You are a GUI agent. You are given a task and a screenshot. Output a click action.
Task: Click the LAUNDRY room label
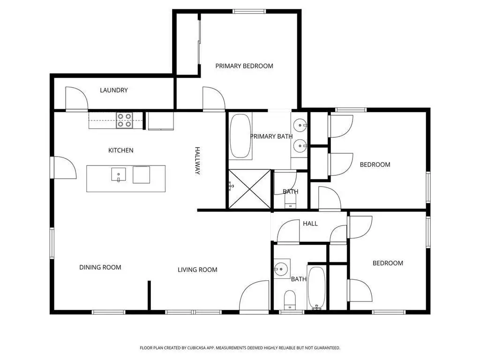point(114,90)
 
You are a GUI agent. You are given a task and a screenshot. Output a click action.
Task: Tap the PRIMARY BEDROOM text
point(244,66)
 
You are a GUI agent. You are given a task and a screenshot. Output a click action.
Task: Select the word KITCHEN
point(121,150)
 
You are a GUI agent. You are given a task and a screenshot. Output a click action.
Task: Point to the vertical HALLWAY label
point(197,161)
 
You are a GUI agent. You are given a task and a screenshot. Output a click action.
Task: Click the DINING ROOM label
point(100,267)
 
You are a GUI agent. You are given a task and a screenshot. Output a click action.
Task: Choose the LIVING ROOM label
point(197,270)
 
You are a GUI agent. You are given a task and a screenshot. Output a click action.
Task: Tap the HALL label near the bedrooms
point(310,224)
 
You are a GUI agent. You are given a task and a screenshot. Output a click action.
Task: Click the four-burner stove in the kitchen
point(125,120)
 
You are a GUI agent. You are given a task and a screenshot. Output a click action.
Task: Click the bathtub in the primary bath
point(240,135)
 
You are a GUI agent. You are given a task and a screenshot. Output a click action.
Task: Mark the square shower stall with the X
point(250,189)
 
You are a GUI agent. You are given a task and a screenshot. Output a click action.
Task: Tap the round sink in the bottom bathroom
point(281,269)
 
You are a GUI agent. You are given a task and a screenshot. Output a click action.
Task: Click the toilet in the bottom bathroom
point(290,300)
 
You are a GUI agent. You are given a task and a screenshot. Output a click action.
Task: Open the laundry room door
point(76,99)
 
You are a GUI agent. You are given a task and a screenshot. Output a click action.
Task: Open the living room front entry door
point(255,297)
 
